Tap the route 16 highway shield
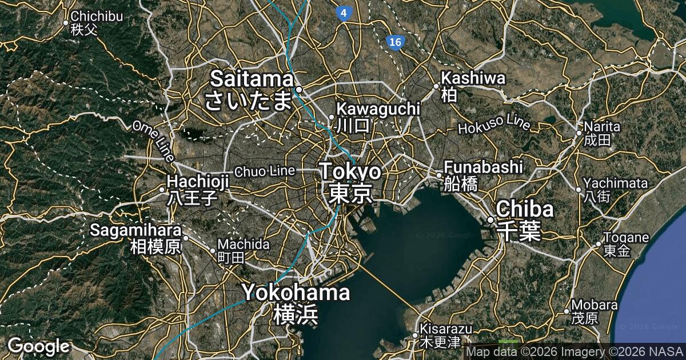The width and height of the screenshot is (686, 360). click(393, 42)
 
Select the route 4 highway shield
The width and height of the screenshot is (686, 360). click(343, 13)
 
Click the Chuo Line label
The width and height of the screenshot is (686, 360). click(265, 170)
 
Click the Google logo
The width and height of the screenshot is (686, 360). click(38, 346)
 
